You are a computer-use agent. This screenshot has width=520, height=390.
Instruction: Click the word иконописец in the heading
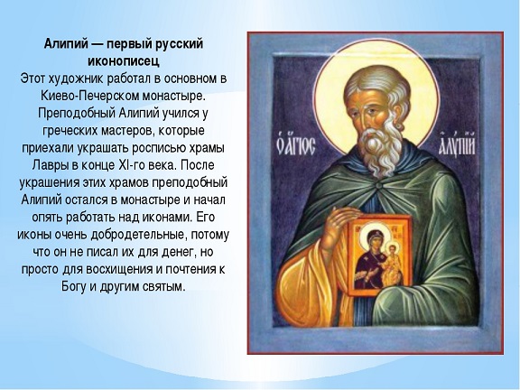click(x=124, y=61)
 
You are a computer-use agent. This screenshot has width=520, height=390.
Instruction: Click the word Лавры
click(x=49, y=165)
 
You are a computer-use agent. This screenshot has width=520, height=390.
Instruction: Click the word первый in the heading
click(x=124, y=44)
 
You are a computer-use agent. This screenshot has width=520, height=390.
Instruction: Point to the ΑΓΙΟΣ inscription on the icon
click(x=295, y=147)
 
